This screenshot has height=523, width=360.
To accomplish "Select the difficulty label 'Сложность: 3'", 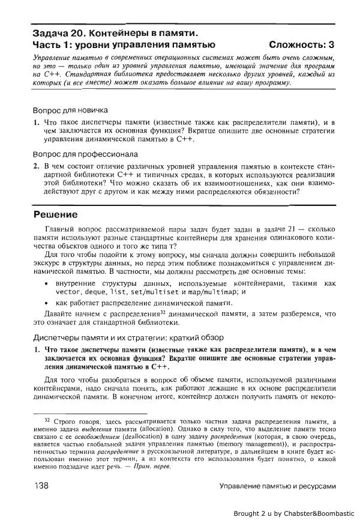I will (x=302, y=44).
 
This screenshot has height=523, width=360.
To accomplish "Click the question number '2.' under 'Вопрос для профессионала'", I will (x=36, y=164).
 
